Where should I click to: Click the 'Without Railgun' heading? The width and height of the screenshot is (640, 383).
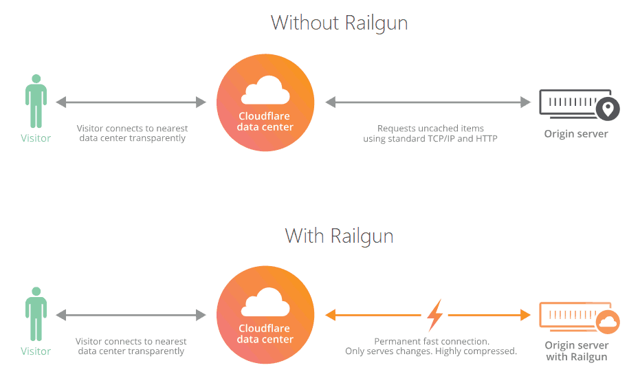click(x=339, y=23)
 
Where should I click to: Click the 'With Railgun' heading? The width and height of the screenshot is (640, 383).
click(x=339, y=236)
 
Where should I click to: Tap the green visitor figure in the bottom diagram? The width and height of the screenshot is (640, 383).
click(x=36, y=314)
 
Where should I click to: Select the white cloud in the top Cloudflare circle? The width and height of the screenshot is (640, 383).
click(x=265, y=92)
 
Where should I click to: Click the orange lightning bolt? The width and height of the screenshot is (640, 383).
click(x=434, y=316)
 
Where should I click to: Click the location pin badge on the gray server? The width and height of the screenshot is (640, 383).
click(x=607, y=109)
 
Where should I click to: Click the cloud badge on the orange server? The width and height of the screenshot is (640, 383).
click(x=608, y=322)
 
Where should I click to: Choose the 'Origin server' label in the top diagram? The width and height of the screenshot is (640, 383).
click(x=576, y=134)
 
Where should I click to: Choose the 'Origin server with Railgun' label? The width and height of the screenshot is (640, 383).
click(x=576, y=351)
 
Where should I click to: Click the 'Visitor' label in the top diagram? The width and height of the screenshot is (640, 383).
click(x=36, y=138)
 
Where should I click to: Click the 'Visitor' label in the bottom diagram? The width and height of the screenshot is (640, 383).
click(x=36, y=351)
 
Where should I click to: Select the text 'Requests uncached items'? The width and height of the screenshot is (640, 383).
click(x=430, y=129)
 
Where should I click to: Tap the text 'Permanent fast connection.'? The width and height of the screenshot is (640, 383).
click(x=431, y=342)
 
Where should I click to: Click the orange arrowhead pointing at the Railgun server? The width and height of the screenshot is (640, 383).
click(x=525, y=316)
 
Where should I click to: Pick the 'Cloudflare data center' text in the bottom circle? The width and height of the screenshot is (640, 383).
click(x=265, y=333)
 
